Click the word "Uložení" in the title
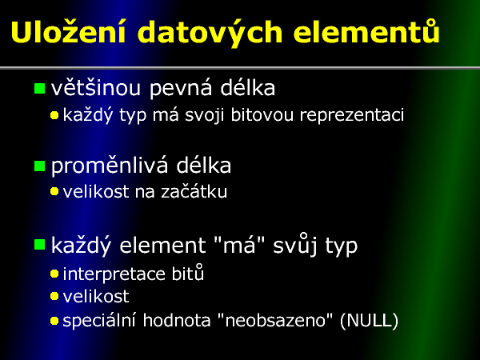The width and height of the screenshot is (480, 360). pos(68,31)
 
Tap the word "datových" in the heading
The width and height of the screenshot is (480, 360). pos(210,33)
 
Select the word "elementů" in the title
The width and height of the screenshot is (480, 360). pos(366,31)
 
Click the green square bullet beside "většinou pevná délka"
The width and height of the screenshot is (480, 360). pos(39,88)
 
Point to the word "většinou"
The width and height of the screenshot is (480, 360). pos(95,87)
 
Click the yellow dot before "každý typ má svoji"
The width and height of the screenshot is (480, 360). pos(54,115)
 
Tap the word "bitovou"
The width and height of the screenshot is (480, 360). pos(262,114)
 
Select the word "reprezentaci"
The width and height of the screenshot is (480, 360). pos(352,116)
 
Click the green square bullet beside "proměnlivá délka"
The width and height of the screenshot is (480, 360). pos(39,166)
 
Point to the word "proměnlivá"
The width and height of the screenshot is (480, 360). pos(110,166)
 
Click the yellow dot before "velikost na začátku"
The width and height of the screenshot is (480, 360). pos(54,192)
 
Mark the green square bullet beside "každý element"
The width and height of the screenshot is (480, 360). pos(39,245)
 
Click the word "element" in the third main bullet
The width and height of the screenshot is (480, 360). pos(162,246)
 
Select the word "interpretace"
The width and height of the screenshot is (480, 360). pos(114,274)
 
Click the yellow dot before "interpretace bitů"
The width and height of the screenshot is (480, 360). pos(54,274)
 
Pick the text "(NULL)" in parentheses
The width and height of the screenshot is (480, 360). pos(369,321)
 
